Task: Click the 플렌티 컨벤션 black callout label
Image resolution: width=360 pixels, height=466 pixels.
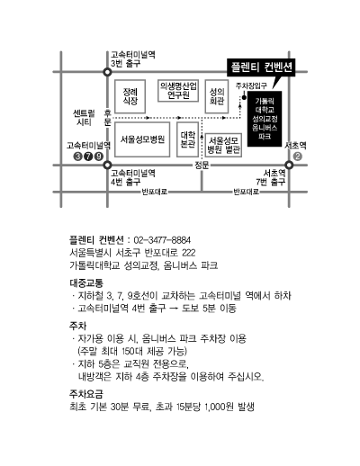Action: pyautogui.click(x=261, y=67)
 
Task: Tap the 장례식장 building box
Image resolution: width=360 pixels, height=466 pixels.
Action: pyautogui.click(x=130, y=96)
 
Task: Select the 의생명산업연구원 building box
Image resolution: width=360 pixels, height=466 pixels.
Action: pyautogui.click(x=178, y=91)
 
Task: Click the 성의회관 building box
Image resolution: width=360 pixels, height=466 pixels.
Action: pyautogui.click(x=217, y=96)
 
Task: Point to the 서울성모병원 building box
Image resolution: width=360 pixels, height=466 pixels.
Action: pyautogui.click(x=142, y=139)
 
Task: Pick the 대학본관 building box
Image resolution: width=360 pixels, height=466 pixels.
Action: pyautogui.click(x=187, y=139)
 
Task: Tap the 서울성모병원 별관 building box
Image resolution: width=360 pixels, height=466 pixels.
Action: pyautogui.click(x=223, y=145)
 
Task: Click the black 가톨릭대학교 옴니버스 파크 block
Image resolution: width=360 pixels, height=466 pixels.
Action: pyautogui.click(x=265, y=119)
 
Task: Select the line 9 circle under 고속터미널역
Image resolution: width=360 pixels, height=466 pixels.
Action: pyautogui.click(x=99, y=157)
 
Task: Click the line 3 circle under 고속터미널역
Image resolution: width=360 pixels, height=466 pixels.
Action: pyautogui.click(x=77, y=157)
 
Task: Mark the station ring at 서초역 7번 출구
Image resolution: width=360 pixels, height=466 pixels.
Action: pyautogui.click(x=289, y=165)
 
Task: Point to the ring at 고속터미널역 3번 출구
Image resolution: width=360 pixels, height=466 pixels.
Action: pyautogui.click(x=107, y=72)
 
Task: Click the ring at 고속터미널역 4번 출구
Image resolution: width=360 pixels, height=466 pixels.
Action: pyautogui.click(x=107, y=165)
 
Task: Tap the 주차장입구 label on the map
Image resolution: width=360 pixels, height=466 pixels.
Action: pyautogui.click(x=251, y=85)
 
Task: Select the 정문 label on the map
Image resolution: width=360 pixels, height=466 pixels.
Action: pyautogui.click(x=202, y=165)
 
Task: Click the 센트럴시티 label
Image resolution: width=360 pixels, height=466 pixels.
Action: pyautogui.click(x=84, y=118)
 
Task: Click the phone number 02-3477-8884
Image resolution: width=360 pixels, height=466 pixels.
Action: pyautogui.click(x=162, y=240)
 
